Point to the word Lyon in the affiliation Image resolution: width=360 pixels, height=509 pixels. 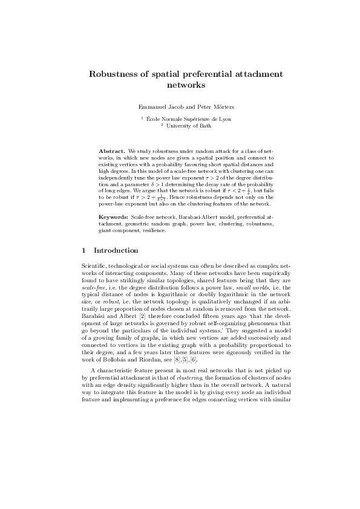(x=224, y=119)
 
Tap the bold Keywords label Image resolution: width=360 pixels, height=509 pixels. (x=113, y=216)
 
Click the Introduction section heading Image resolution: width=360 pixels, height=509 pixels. (x=116, y=250)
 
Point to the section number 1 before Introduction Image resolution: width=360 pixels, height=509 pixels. (x=83, y=250)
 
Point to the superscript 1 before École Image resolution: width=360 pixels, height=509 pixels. (x=141, y=118)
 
